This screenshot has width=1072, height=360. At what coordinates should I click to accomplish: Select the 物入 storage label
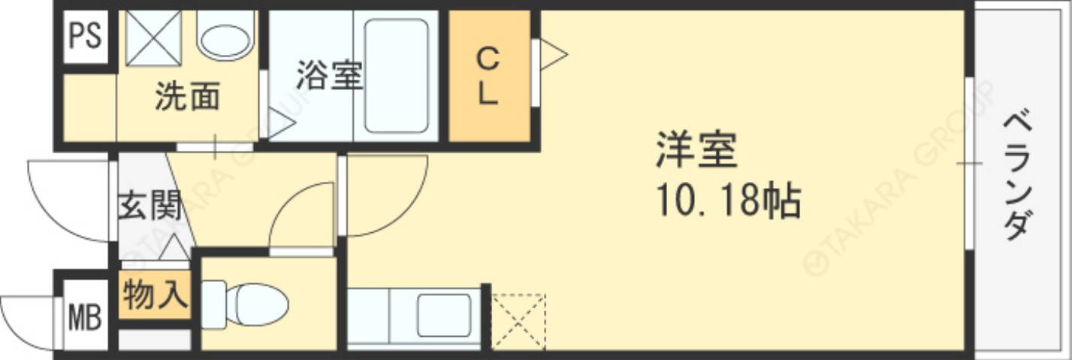pos(154,294)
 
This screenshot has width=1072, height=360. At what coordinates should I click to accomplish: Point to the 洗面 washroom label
pos(188,97)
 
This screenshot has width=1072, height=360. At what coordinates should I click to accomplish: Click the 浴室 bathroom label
pos(329,75)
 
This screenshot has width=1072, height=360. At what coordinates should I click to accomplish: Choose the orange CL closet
pos(488,76)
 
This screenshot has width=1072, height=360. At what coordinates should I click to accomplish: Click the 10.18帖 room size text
pos(727,201)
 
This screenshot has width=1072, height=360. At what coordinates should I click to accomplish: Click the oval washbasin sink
pos(225,38)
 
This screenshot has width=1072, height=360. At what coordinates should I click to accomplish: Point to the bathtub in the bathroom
pos(396,75)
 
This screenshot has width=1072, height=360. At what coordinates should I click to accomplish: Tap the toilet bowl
pos(255,304)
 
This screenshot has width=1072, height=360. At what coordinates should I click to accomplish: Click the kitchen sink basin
pos(444,315)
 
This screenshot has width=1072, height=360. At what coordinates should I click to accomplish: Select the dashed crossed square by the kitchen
pos(518,321)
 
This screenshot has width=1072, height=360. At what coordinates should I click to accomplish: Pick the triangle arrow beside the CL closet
pos(552,54)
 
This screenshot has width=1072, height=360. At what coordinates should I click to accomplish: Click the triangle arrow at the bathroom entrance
pos(280,123)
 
